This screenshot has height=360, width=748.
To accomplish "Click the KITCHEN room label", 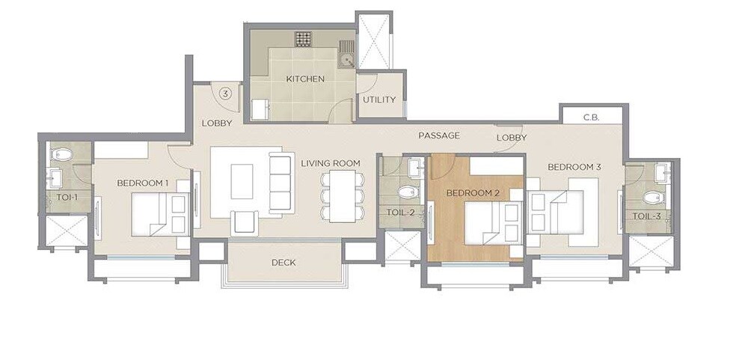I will coord(305,79).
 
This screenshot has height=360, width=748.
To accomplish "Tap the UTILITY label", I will coord(379,100).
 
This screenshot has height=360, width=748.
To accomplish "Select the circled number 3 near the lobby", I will coord(225,93).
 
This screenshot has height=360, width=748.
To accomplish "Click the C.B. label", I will coord(591,118).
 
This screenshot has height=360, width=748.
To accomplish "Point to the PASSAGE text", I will coord(439,135).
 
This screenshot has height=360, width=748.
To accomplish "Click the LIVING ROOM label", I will coord(331,163).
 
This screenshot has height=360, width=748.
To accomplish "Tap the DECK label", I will coord(283,263).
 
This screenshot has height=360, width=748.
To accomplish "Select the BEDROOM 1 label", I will coord(142,183).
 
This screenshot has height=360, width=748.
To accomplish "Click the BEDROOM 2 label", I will coord(473,193).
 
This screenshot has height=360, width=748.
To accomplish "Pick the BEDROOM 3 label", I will coord(574,167).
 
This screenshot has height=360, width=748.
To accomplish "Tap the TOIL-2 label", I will coord(400,213).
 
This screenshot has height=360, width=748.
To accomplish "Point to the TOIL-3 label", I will coord(646,216).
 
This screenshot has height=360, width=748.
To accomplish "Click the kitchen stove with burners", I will coord(303,38).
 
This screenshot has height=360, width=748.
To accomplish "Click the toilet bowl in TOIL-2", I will coord(406,192).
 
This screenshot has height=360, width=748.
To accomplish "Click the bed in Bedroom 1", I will coord(159,213).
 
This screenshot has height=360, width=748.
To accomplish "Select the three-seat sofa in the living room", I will coord(280,182).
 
